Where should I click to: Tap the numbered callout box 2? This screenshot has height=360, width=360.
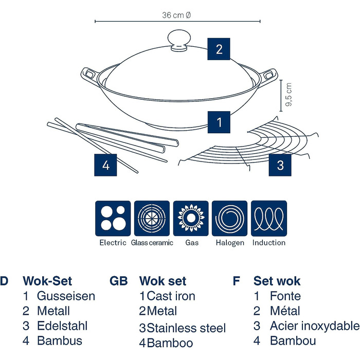coord(219,49)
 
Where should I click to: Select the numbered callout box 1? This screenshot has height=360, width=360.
coord(219,122)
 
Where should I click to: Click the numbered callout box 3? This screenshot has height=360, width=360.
coord(280,165)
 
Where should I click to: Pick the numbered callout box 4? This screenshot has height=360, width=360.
coord(105,165)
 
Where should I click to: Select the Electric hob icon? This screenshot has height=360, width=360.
coord(113,218)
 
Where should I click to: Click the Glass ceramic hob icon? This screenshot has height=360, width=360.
coord(152,218)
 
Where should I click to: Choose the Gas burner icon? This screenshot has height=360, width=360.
coord(191,218)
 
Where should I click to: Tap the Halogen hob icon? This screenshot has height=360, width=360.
coord(230,218)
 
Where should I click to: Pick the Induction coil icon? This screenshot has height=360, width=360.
coord(268,218)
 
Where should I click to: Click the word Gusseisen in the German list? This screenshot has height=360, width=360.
coord(66,296)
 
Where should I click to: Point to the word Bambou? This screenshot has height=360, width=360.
coord(293,340)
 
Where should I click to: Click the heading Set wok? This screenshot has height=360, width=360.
coord(277,281)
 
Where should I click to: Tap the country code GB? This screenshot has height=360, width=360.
coord(119,281)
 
